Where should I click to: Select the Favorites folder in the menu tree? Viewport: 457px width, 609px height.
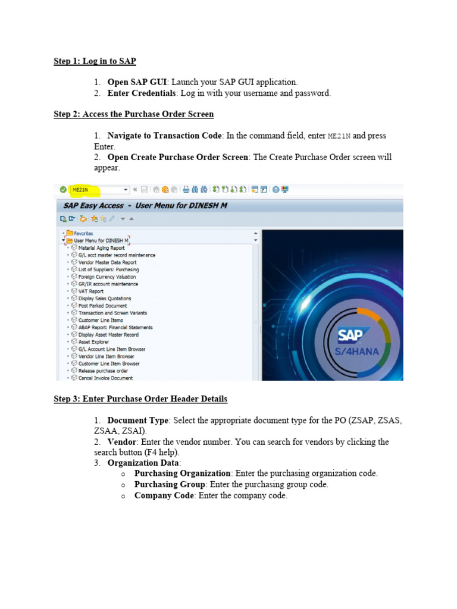(x=83, y=233)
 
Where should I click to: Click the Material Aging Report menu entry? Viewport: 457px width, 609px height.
(x=101, y=247)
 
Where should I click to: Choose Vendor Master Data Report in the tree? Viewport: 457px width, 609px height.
(x=107, y=262)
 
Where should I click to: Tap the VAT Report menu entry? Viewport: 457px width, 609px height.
(x=90, y=291)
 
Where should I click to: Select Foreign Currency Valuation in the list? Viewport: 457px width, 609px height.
(x=107, y=277)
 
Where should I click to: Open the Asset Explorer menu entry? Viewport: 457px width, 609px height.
(x=93, y=342)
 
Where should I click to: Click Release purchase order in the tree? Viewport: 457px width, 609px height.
(x=103, y=371)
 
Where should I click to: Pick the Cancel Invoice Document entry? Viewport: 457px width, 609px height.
(x=105, y=378)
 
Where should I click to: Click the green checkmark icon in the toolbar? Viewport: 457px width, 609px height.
(x=63, y=190)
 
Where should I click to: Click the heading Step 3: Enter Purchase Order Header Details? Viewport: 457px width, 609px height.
(x=140, y=398)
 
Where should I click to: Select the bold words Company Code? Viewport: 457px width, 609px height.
(x=164, y=495)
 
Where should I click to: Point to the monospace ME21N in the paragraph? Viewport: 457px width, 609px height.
(x=340, y=136)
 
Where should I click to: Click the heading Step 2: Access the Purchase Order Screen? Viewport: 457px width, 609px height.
(x=134, y=114)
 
